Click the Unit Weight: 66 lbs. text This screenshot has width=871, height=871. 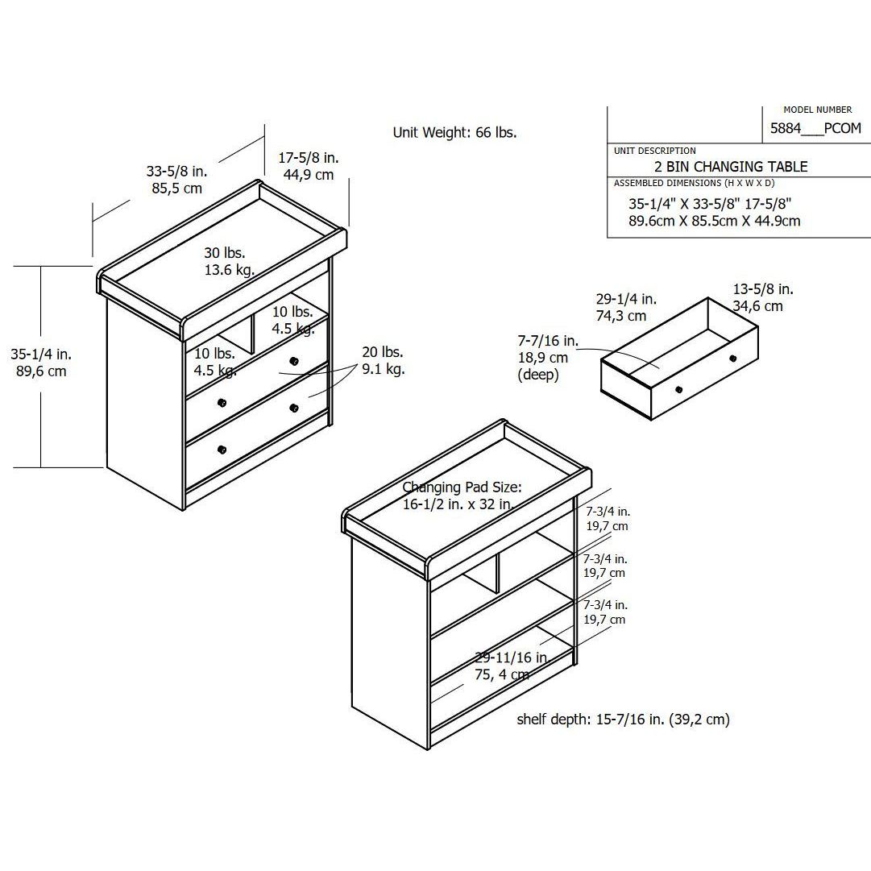(454, 133)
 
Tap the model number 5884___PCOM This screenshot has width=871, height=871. (815, 128)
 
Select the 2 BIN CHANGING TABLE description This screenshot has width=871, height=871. (731, 166)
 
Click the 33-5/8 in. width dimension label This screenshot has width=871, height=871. (176, 171)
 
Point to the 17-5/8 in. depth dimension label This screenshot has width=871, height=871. (309, 158)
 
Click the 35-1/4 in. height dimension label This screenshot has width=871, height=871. (41, 354)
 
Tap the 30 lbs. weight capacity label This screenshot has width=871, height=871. (225, 253)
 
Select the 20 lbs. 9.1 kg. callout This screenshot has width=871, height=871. (384, 360)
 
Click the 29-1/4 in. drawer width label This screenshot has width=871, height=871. (626, 299)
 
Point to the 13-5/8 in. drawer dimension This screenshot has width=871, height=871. (763, 288)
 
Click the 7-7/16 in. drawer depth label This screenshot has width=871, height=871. (548, 340)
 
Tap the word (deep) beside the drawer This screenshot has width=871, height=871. (537, 375)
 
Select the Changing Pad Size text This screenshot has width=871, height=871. (462, 487)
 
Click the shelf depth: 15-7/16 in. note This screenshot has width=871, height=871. (623, 720)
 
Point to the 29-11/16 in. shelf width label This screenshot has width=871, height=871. (511, 657)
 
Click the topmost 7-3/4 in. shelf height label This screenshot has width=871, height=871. (608, 512)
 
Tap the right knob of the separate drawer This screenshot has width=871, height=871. (732, 359)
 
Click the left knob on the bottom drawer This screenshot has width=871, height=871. (222, 450)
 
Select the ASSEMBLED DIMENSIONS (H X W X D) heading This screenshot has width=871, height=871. (694, 183)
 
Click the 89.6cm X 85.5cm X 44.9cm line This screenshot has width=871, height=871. (715, 221)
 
